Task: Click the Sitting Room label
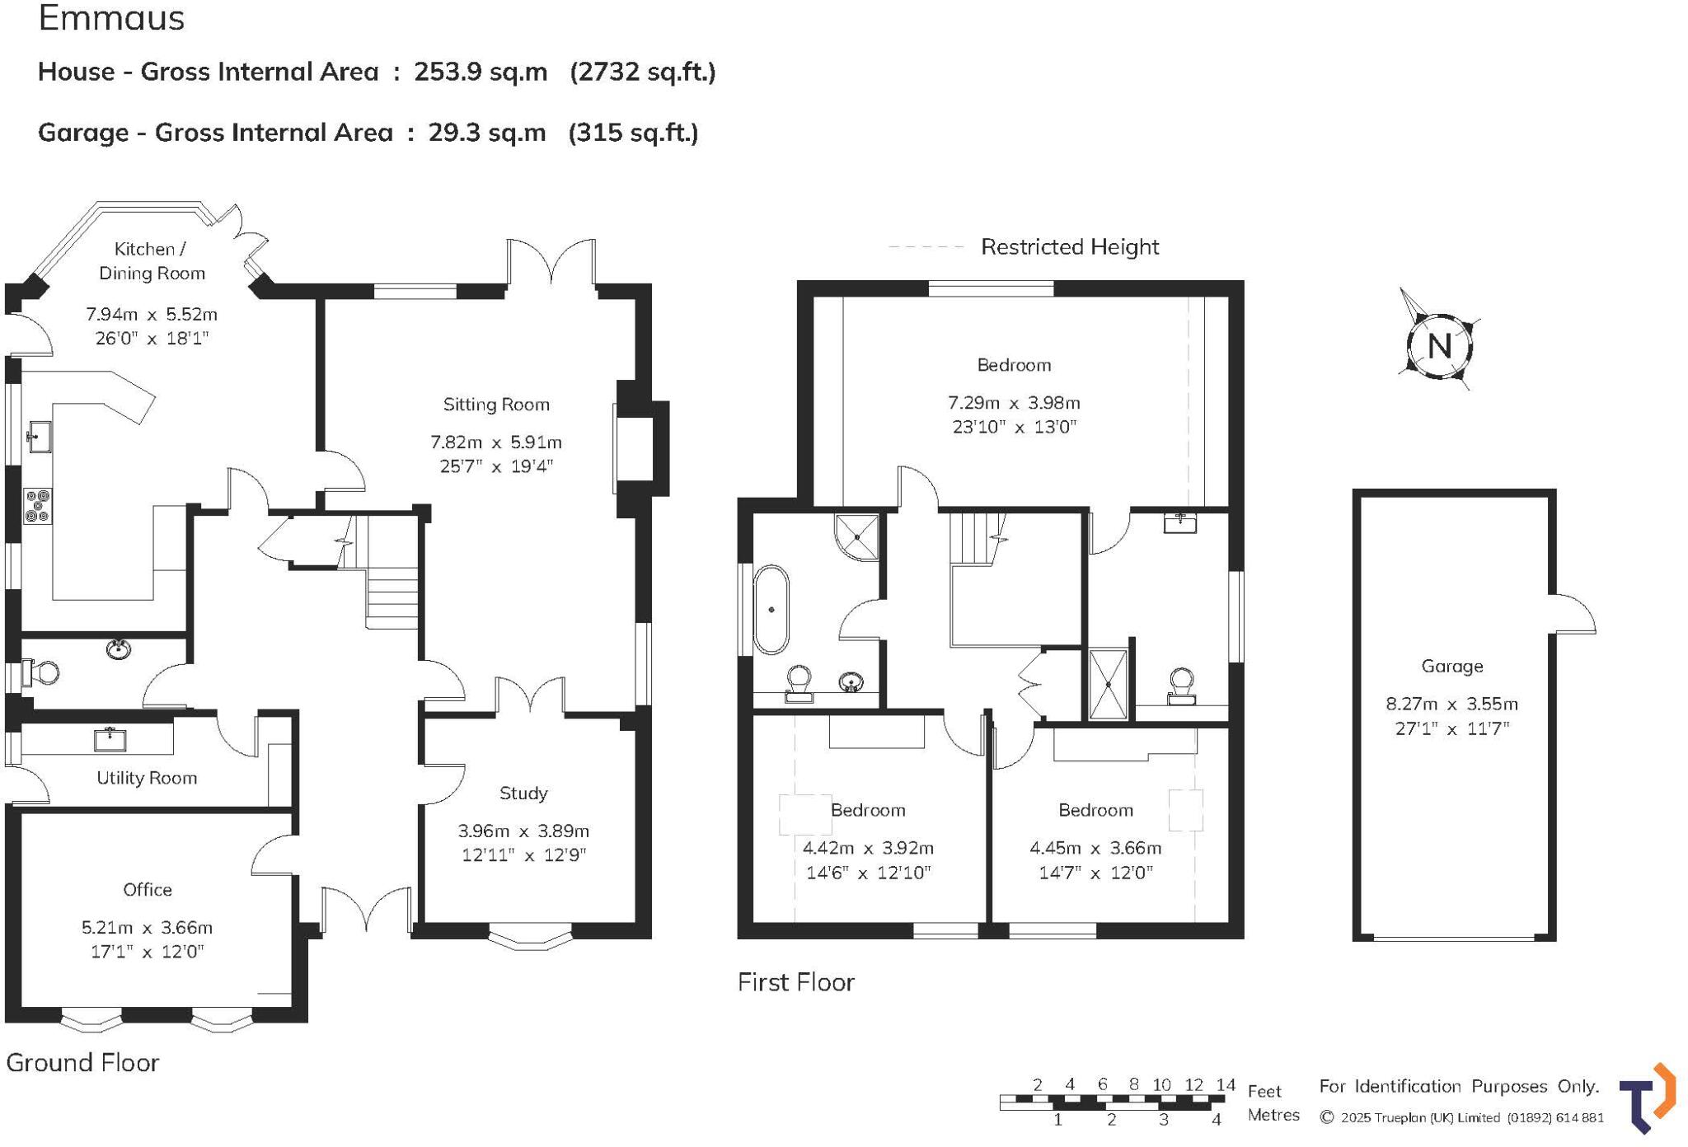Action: pyautogui.click(x=495, y=405)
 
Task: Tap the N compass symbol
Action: pyautogui.click(x=1439, y=346)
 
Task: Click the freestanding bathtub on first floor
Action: pyautogui.click(x=771, y=610)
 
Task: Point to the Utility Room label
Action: pyautogui.click(x=147, y=778)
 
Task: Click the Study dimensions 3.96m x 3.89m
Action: pyautogui.click(x=523, y=831)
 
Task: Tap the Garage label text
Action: pyautogui.click(x=1451, y=666)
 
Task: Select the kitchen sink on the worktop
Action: pyautogui.click(x=39, y=437)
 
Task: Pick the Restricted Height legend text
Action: pyautogui.click(x=1069, y=247)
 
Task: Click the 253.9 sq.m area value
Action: pyautogui.click(x=481, y=72)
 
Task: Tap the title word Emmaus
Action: pyautogui.click(x=111, y=18)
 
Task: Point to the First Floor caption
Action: pyautogui.click(x=795, y=982)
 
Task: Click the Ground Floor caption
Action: pyautogui.click(x=82, y=1063)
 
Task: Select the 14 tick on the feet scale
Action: pyautogui.click(x=1225, y=1085)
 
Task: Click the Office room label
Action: pyautogui.click(x=148, y=890)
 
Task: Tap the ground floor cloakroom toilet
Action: pyautogui.click(x=41, y=672)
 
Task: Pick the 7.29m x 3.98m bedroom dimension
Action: pyautogui.click(x=1013, y=403)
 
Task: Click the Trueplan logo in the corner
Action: pyautogui.click(x=1648, y=1098)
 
